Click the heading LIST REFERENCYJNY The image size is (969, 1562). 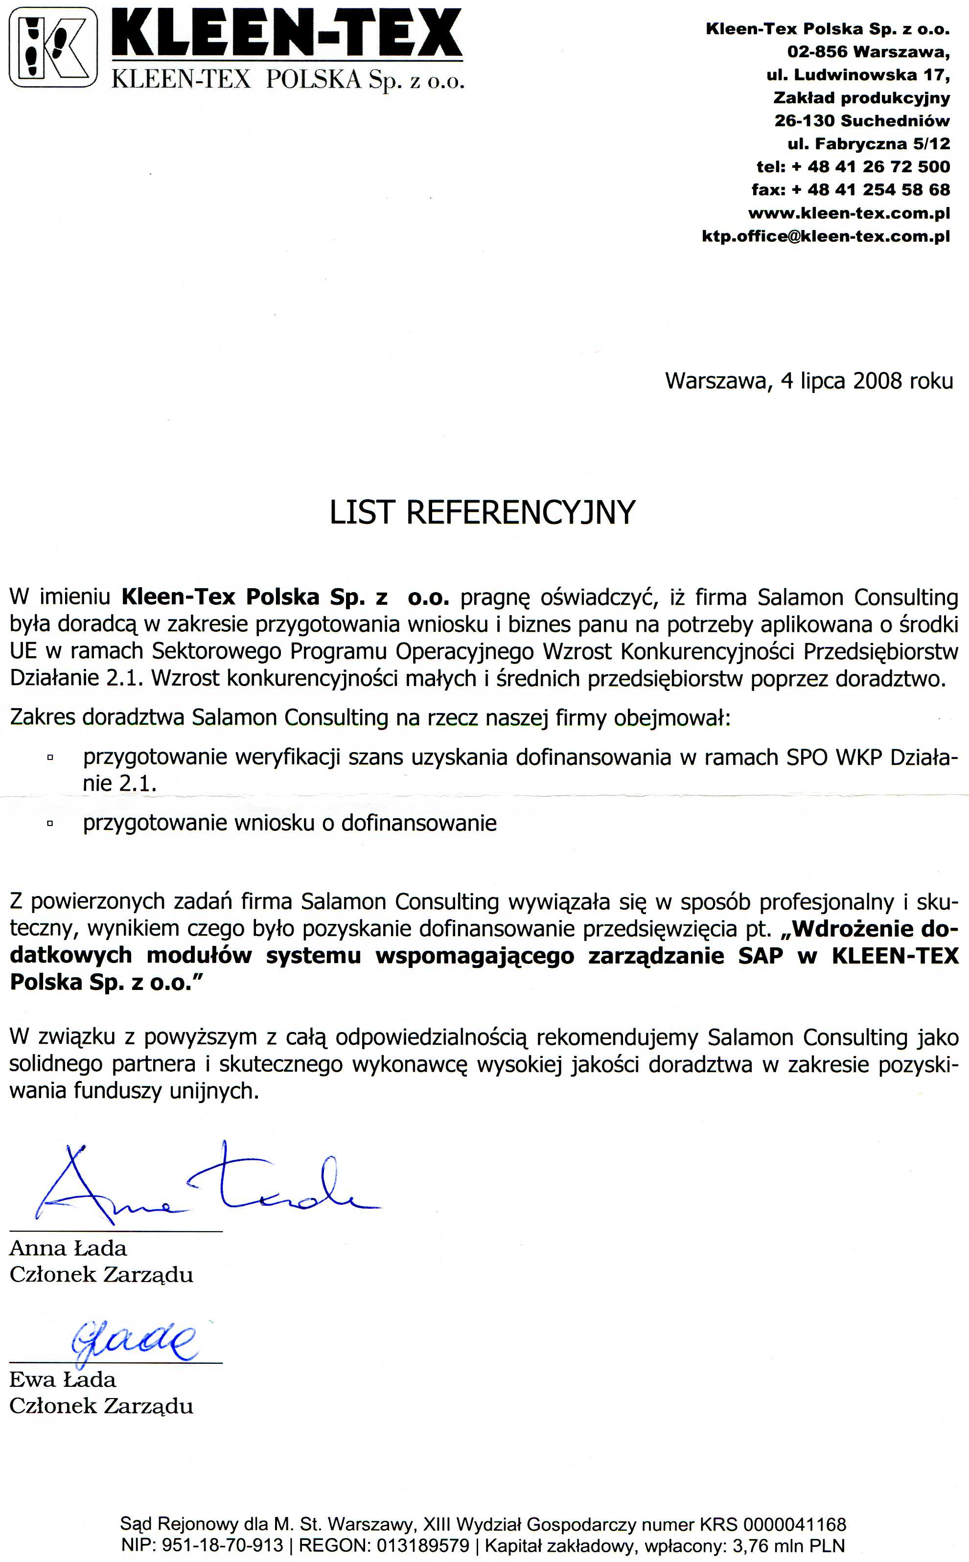(482, 512)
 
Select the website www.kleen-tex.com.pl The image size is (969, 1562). (849, 213)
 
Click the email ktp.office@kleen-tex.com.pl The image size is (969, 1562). (826, 236)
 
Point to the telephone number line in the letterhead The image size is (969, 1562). (853, 166)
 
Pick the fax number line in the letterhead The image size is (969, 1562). (851, 190)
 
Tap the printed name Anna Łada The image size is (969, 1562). (68, 1248)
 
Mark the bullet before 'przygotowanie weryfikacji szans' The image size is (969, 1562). (49, 758)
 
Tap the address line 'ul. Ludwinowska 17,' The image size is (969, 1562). (858, 75)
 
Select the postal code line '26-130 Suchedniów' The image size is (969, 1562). (862, 120)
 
